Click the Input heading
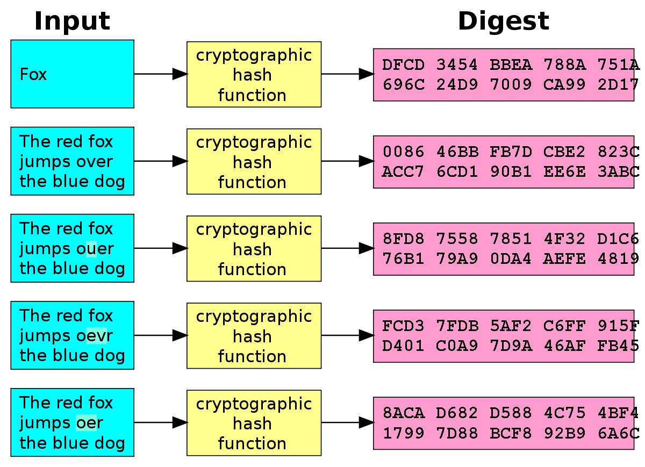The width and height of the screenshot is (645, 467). click(72, 21)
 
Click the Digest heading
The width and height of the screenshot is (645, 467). click(504, 21)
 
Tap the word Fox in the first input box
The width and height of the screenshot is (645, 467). click(33, 74)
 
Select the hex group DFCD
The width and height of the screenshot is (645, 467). click(404, 65)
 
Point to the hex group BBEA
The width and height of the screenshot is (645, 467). click(511, 65)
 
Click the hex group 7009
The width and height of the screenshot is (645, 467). click(511, 85)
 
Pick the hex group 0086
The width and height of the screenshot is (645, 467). click(404, 152)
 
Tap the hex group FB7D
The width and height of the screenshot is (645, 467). click(511, 152)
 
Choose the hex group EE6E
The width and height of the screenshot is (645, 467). click(565, 172)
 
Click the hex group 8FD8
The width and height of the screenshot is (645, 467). click(404, 239)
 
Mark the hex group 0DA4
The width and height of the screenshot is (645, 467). click(511, 259)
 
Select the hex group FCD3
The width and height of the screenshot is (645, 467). click(404, 326)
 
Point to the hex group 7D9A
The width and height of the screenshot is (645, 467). click(511, 346)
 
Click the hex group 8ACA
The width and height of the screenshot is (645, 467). click(404, 413)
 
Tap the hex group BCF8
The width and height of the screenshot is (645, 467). click(511, 433)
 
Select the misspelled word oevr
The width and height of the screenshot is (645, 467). click(95, 336)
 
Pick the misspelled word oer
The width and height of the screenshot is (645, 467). click(90, 423)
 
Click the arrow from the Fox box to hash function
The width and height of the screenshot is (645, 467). click(161, 74)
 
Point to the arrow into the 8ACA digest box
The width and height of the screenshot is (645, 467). click(348, 422)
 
